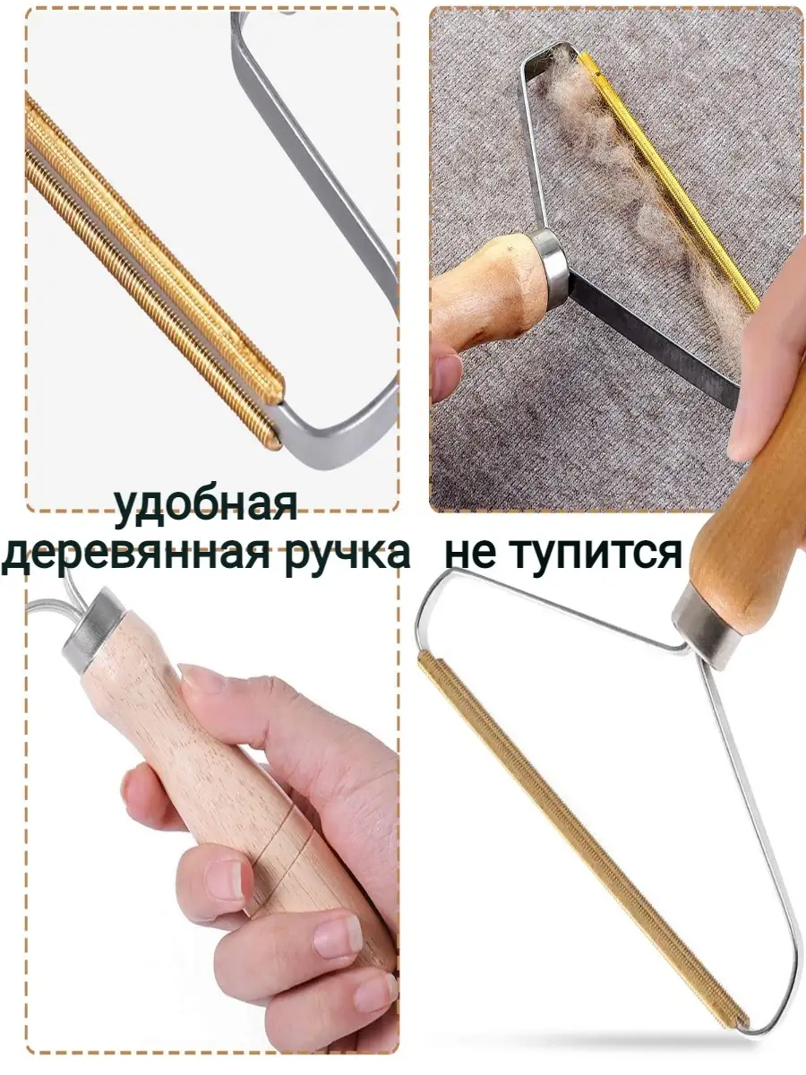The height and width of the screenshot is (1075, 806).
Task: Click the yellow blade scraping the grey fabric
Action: click(x=668, y=181)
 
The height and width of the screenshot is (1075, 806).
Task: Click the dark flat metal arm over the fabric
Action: click(x=656, y=338)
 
